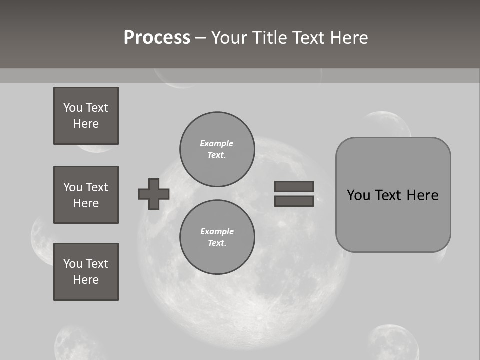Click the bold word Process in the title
[157, 38]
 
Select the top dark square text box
[86, 116]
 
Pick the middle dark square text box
[86, 195]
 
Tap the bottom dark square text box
[86, 272]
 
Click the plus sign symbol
[154, 194]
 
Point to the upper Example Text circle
[217, 149]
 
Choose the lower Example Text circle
[217, 237]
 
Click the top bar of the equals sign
[294, 186]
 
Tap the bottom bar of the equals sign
[294, 201]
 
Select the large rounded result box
[393, 220]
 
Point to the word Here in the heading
[350, 38]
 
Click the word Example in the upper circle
[216, 143]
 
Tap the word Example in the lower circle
[217, 231]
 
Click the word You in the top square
[73, 108]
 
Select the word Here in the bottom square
[86, 280]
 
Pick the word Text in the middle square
[97, 187]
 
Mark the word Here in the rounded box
[422, 195]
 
